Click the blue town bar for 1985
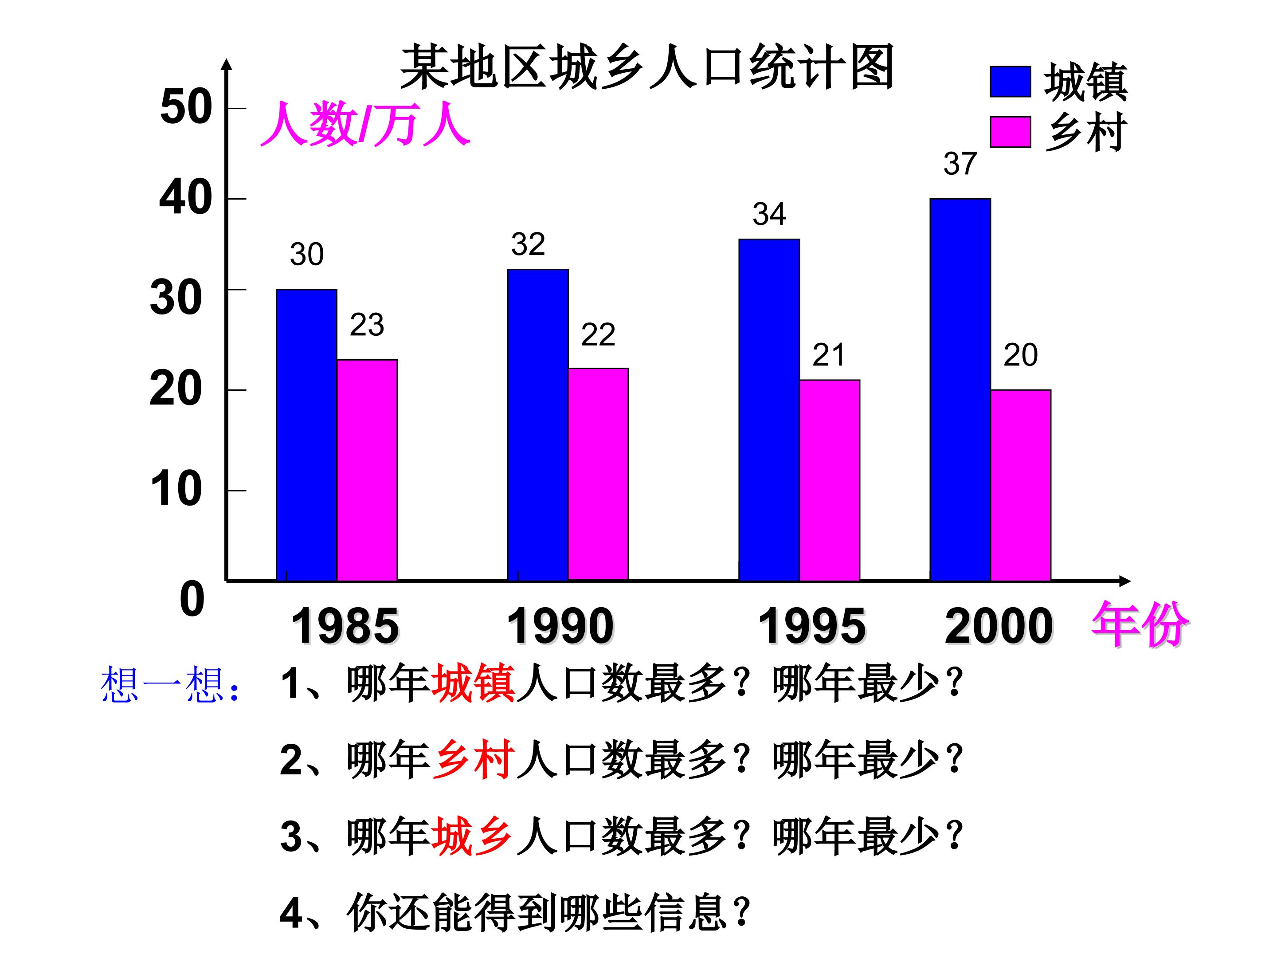pos(306,435)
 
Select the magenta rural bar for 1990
pos(598,474)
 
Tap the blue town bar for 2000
pos(960,390)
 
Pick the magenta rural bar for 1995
pos(830,480)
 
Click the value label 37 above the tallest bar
pos(960,164)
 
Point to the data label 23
pos(367,325)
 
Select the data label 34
pos(769,214)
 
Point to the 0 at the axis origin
pos(192,599)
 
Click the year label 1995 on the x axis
pos(812,627)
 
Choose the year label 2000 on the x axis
pos(999,627)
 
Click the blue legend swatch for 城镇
pos(1010,82)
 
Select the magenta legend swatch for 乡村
pos(1010,132)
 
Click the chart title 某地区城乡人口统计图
pos(647,67)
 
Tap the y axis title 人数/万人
pos(365,124)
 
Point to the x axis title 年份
pos(1140,624)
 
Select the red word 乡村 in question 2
pos(474,760)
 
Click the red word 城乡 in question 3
pos(474,836)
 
